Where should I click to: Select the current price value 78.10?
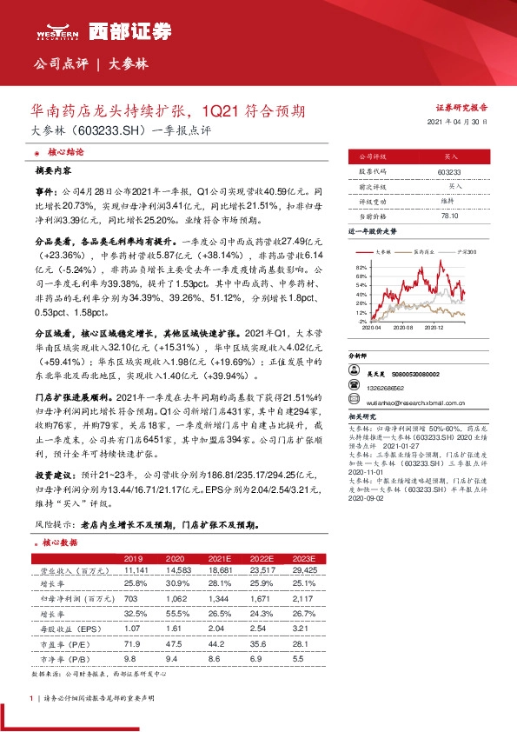coord(449,215)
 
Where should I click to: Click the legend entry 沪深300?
coord(467,251)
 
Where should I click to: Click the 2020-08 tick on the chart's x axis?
coord(403,327)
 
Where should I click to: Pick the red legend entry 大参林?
coord(385,251)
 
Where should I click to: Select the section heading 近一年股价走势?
coord(372,232)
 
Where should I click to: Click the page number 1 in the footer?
coord(31,697)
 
